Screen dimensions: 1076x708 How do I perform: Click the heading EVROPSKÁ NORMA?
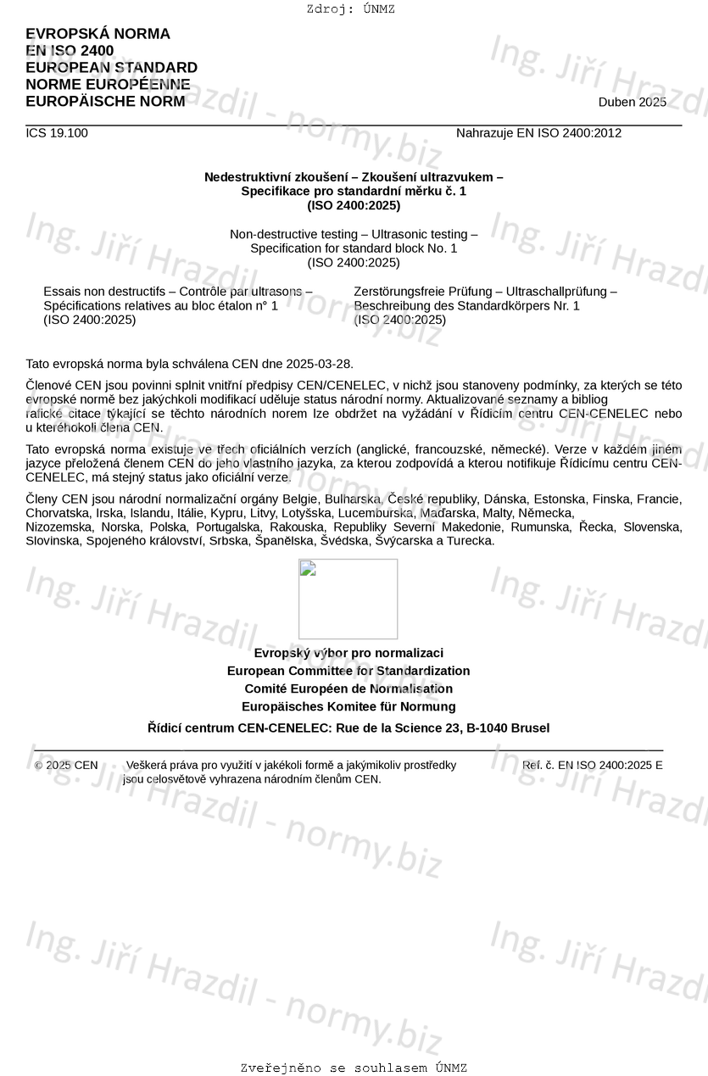[98, 34]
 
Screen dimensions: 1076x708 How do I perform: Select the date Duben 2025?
[632, 103]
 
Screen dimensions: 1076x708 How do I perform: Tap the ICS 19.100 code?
[57, 133]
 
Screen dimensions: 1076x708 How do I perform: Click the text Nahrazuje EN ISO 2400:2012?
[538, 133]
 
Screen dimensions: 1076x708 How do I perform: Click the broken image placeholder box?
[348, 599]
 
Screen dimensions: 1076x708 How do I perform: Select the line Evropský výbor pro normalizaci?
[348, 653]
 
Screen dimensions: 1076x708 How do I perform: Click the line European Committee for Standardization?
[348, 671]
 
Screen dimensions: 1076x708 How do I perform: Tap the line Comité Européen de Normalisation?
[348, 689]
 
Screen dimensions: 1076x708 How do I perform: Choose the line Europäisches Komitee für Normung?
[348, 706]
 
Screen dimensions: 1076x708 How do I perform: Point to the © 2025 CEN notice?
[66, 765]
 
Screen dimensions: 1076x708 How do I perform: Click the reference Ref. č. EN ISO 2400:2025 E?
[593, 765]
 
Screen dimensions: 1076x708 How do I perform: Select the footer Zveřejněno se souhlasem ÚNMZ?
[354, 1068]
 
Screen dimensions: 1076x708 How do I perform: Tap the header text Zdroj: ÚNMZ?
[351, 9]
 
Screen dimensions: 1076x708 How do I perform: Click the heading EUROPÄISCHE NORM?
[105, 102]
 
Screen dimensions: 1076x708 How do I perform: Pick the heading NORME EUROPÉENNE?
[108, 85]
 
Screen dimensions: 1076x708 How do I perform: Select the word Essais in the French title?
[61, 292]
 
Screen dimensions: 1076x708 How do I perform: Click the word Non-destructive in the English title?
[272, 234]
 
